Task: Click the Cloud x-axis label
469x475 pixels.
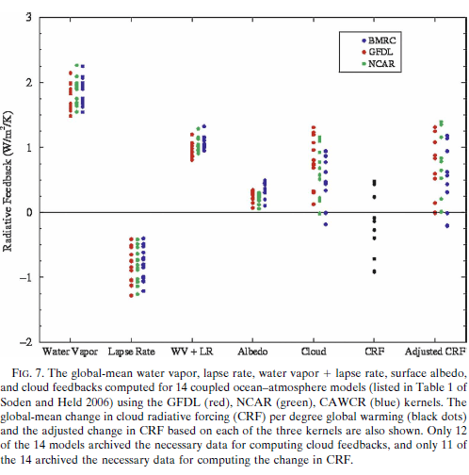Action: pyautogui.click(x=315, y=351)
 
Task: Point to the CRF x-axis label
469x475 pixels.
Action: pyautogui.click(x=374, y=351)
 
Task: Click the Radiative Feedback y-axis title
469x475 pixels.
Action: pyautogui.click(x=8, y=179)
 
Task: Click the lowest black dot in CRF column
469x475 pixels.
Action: pyautogui.click(x=374, y=271)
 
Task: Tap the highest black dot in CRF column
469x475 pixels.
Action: pyautogui.click(x=374, y=181)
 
